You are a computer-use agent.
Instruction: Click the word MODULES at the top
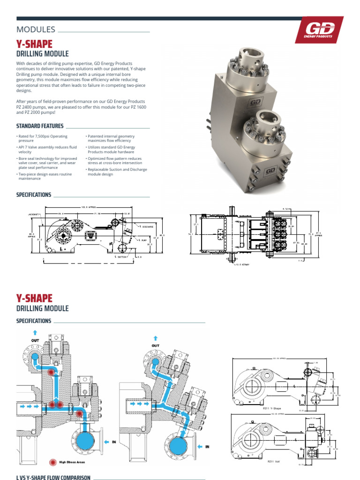[36, 30]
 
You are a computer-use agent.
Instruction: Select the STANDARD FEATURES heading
[40, 126]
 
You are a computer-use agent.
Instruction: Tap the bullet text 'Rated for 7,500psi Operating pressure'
[43, 138]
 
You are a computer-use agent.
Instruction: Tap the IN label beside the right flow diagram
[206, 447]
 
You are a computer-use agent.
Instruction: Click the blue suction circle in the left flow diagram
[84, 442]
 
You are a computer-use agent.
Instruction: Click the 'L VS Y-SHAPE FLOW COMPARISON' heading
[53, 478]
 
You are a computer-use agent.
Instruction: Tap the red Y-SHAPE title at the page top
[34, 44]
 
